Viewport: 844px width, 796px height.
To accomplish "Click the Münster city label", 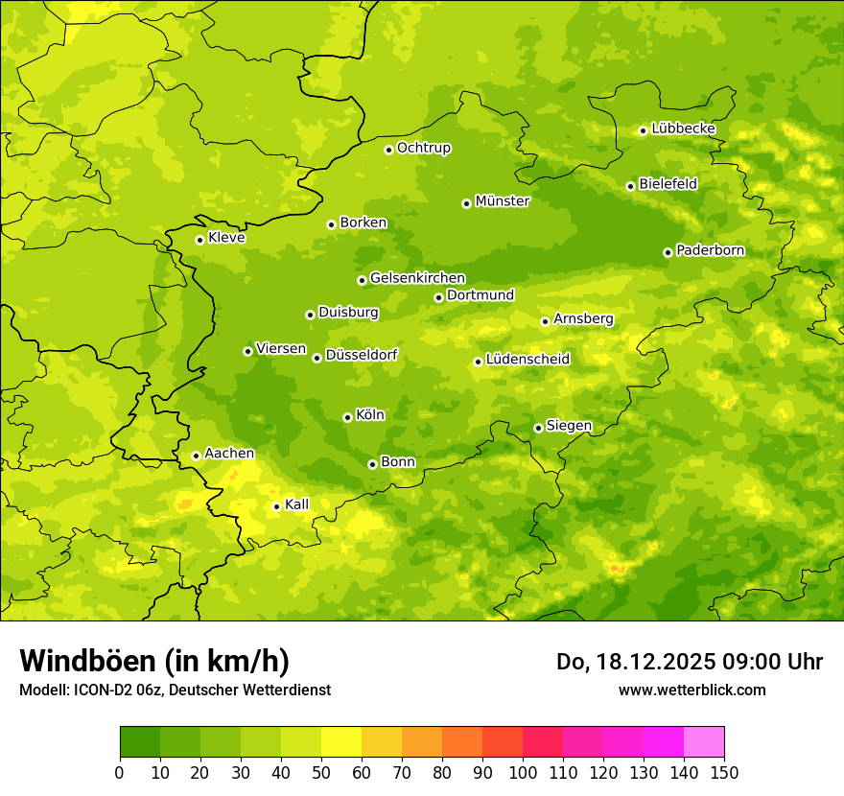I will point(503,201).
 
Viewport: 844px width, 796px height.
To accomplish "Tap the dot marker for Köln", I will point(347,417).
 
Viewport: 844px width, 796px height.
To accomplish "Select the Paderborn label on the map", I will point(711,250).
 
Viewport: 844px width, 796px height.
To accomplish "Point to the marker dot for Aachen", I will point(196,456).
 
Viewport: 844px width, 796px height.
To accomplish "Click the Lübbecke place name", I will point(683,129).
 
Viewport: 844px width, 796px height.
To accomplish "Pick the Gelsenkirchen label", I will point(417,278).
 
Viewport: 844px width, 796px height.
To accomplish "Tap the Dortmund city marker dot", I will point(438,297).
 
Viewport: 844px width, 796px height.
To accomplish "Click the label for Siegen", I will point(569,426).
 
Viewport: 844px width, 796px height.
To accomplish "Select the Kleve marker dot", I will point(199,240).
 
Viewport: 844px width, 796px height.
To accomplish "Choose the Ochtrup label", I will point(424,148).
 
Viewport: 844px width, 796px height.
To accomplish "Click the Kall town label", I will point(297,504).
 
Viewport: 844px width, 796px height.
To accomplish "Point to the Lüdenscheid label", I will point(527,360).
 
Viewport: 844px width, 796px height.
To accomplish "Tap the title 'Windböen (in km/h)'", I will point(154,661).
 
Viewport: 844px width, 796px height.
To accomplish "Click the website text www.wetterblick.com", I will point(692,690).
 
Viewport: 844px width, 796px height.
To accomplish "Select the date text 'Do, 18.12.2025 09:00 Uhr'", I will point(690,662).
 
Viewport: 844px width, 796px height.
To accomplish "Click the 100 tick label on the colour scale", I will point(523,773).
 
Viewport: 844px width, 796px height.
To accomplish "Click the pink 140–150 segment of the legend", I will point(704,742).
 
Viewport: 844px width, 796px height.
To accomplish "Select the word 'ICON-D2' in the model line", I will point(100,690).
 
